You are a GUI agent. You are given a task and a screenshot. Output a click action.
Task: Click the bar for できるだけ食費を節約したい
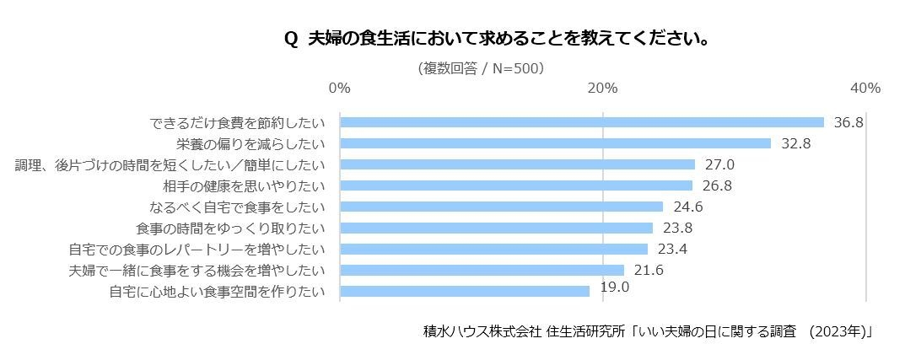pos(582,122)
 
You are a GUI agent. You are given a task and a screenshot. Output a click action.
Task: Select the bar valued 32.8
pos(555,143)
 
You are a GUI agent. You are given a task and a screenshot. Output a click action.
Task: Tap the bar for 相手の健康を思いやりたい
pos(516,185)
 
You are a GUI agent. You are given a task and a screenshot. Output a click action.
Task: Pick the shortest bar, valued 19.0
pos(465,291)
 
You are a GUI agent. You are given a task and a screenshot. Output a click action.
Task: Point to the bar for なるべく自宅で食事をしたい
pos(501,207)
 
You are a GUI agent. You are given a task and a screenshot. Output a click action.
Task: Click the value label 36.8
pos(848,122)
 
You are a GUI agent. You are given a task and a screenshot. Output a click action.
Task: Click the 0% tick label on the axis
pos(339,88)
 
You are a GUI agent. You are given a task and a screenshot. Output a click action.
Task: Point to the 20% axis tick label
pos(602,88)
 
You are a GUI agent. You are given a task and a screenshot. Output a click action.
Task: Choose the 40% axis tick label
pos(865,88)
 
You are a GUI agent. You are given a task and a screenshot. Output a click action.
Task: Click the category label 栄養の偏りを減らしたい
pos(245,143)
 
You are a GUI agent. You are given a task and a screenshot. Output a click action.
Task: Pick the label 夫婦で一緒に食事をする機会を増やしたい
pos(197,271)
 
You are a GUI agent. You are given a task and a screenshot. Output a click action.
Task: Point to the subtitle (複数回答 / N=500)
pos(481,68)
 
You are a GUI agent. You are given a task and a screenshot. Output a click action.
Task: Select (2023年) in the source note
pos(839,331)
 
